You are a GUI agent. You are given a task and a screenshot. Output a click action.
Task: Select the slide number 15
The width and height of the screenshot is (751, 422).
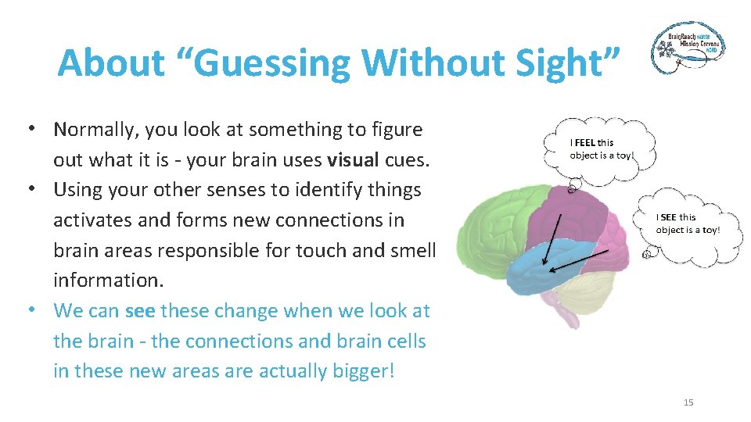point(688,402)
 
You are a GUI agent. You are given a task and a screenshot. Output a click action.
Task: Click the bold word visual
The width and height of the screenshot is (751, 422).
point(354,160)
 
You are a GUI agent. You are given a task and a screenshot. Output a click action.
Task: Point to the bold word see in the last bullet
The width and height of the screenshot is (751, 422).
point(139,311)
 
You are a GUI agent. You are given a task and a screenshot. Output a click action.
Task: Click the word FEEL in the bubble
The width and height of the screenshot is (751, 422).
point(585,143)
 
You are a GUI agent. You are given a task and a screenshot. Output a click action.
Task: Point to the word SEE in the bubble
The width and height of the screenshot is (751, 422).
point(668,217)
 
